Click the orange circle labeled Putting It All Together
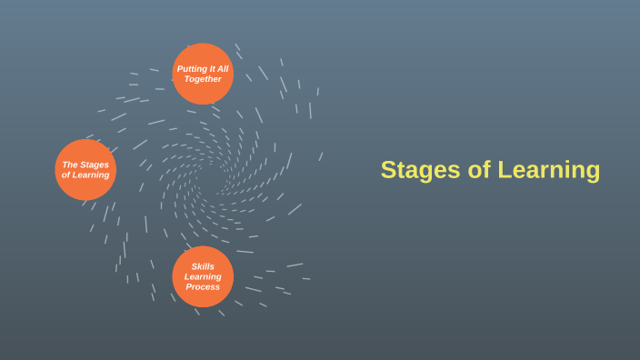(x=203, y=74)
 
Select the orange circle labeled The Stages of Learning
(x=85, y=169)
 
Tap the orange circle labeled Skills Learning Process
(x=203, y=276)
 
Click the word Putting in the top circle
(x=191, y=69)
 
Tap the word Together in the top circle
(x=203, y=79)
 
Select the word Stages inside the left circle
(x=95, y=165)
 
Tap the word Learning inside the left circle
(x=92, y=175)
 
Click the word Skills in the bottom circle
(x=203, y=266)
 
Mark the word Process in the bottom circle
(x=203, y=287)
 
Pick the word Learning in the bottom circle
(x=203, y=276)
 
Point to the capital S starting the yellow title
(x=387, y=170)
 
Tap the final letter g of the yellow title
(x=594, y=173)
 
